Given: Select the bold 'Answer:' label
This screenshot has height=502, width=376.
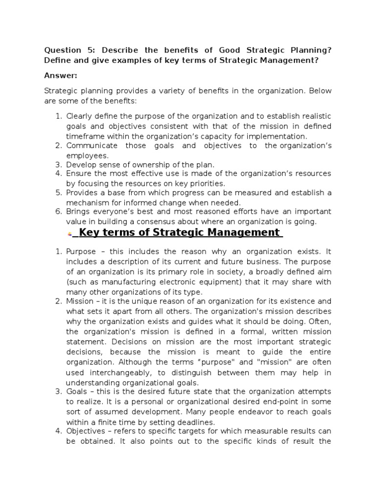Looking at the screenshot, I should coord(61,75).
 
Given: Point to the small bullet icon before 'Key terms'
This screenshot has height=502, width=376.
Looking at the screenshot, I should coord(70,234).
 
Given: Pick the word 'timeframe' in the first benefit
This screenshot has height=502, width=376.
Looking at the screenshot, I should coord(83,136).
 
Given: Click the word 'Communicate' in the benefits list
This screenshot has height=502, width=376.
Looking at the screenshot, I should coord(92,146).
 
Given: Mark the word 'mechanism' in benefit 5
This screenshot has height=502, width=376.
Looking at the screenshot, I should coord(86,202).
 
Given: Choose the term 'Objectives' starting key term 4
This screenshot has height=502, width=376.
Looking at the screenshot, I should coord(86,431).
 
